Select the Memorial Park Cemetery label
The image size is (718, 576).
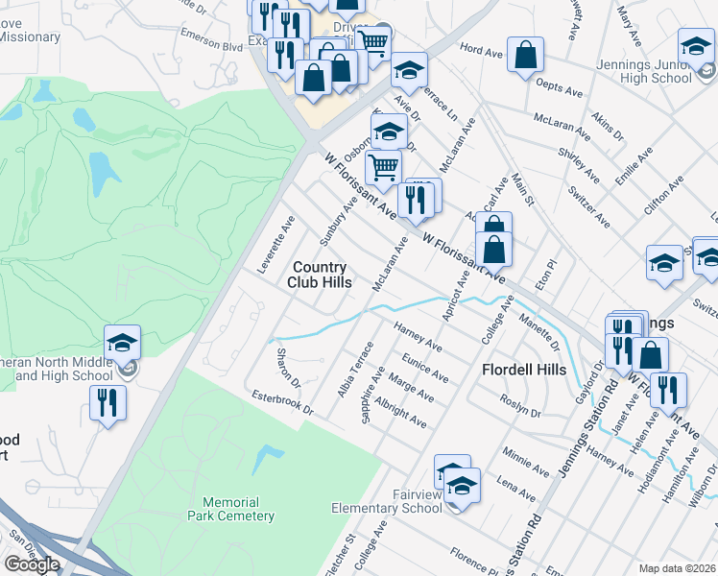coord(238,509)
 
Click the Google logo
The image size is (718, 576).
coord(32,564)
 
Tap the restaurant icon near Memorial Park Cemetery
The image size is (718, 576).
coord(108,401)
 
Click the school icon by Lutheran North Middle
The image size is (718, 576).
coord(123,342)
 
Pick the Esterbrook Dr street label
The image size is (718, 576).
coord(282,401)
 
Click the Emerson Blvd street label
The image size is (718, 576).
coord(220,46)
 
